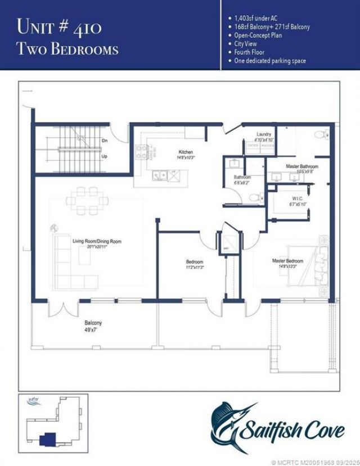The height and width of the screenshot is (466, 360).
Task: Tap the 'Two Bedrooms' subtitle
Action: click(67, 49)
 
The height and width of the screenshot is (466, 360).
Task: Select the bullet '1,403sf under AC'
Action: click(255, 18)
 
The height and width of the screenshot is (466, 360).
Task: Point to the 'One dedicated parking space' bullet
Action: click(270, 60)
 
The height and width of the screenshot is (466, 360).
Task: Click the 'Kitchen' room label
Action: click(186, 152)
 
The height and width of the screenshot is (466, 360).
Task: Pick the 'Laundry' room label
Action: click(264, 134)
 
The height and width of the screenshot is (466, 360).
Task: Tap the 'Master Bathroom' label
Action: click(301, 166)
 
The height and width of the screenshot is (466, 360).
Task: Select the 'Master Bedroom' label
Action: click(287, 261)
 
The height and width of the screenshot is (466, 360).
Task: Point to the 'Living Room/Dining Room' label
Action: click(97, 241)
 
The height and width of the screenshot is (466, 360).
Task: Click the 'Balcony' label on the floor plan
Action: click(93, 323)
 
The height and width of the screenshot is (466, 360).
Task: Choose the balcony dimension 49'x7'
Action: click(93, 330)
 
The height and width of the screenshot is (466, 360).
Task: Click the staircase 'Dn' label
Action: click(105, 141)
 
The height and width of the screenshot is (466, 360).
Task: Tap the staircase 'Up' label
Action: click(105, 157)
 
